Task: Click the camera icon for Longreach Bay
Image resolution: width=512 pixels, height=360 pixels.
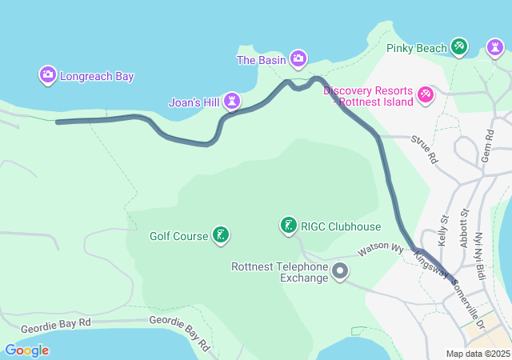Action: [48, 76]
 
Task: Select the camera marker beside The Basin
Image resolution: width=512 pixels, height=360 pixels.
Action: [298, 58]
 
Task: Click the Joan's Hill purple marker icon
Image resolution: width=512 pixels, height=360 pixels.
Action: [232, 101]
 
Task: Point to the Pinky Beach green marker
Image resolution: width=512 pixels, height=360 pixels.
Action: [459, 48]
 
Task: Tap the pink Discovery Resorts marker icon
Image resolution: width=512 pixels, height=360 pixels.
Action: [426, 96]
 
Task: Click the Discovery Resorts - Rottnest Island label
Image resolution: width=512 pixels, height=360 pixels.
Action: [368, 96]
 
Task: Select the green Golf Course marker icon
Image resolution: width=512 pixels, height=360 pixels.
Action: [220, 235]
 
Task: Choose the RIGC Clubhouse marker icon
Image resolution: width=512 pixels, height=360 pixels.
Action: [288, 226]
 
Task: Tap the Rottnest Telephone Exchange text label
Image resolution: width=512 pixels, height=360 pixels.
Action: [280, 272]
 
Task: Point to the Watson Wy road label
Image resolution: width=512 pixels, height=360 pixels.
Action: [380, 248]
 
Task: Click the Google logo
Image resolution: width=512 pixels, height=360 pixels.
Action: [27, 350]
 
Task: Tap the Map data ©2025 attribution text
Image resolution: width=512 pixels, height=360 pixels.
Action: [478, 354]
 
